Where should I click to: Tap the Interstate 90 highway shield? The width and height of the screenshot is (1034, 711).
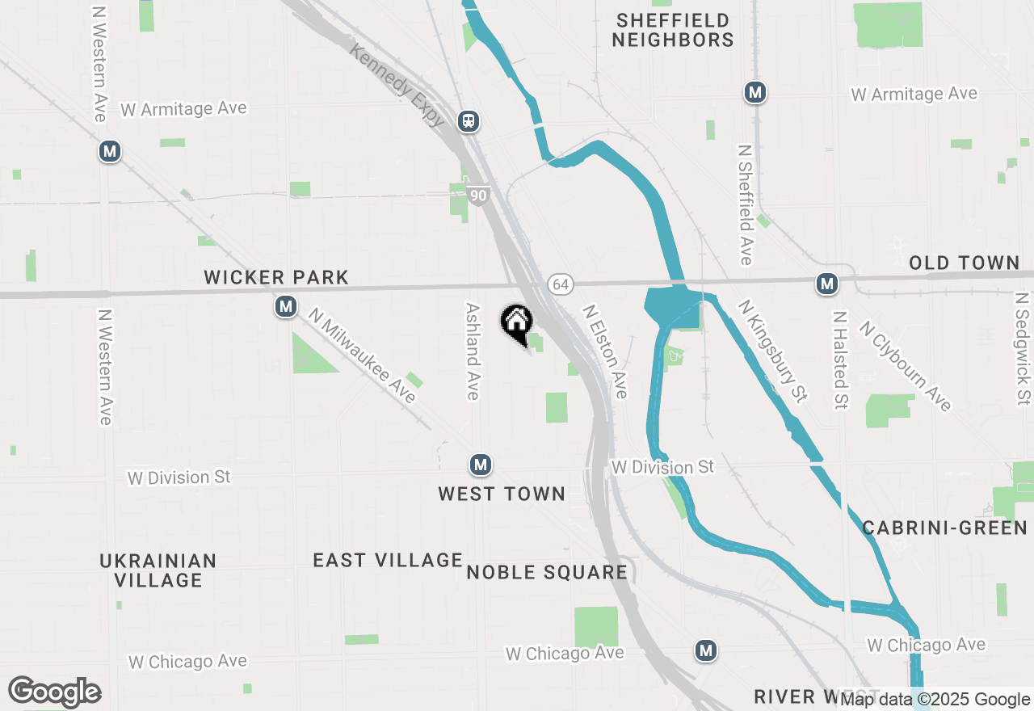478,196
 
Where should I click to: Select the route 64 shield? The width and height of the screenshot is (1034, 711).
560,284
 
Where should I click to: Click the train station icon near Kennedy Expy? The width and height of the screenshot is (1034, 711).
468,121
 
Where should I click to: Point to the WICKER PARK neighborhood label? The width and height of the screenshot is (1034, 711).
276,278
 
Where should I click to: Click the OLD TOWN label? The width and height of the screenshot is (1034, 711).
964,263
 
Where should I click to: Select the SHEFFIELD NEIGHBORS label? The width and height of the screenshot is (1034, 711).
672,30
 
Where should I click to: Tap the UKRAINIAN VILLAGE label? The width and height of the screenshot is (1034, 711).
158,570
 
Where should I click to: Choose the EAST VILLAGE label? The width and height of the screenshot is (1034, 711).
388,560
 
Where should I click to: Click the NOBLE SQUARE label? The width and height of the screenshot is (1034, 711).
547,573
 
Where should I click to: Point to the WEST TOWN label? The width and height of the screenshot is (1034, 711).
502,494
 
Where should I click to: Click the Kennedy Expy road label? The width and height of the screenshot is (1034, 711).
397,85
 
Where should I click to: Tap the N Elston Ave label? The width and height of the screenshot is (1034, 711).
605,351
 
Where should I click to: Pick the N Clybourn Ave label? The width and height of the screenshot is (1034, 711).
905,366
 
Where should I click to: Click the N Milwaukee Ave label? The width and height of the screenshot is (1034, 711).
362,359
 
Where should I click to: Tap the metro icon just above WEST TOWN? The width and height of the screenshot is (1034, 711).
481,465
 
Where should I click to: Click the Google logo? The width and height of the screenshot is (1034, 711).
54,692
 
